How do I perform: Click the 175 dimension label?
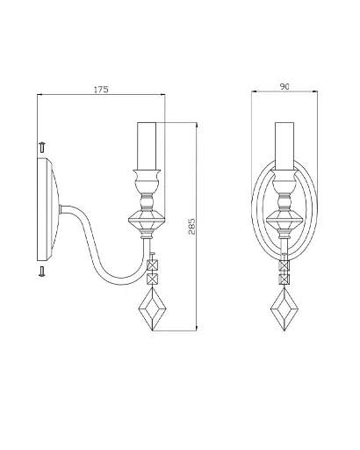101,90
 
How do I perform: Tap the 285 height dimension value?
191,226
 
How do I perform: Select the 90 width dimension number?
284,86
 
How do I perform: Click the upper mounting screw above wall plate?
42,148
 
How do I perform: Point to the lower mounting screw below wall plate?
42,272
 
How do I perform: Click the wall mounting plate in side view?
48,209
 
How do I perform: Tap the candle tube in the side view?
147,146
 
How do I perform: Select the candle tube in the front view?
284,146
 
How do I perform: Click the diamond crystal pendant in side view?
152,308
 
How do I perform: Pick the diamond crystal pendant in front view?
284,308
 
